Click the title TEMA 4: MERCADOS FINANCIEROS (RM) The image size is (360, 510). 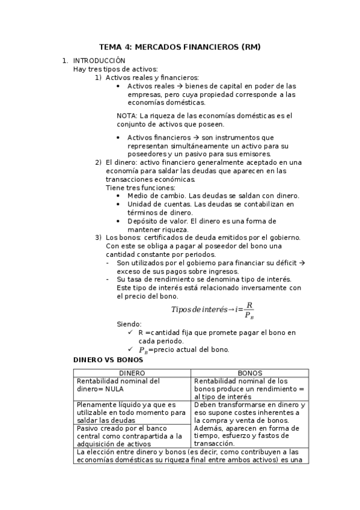coord(180,47)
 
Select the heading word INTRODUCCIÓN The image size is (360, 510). coord(99,61)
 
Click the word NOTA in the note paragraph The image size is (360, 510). coord(126,115)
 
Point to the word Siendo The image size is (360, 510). coord(129,324)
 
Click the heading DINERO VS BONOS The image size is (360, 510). coord(108,360)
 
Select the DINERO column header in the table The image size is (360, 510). coord(132,373)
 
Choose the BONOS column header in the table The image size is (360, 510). coord(249,373)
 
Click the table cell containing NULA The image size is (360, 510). coord(132,385)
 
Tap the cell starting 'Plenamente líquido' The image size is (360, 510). coord(132,413)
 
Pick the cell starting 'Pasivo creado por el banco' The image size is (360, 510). coord(132,435)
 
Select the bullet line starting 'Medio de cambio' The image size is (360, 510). coord(213,196)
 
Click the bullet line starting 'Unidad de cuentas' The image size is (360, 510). coord(210,204)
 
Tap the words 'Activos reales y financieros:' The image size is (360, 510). coord(152,78)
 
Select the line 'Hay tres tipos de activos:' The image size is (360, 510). coord(115,69)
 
